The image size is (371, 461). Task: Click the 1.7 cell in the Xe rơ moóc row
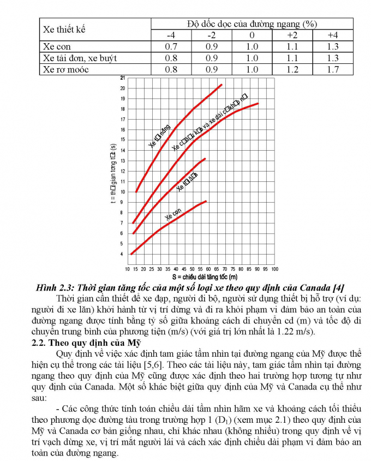332,69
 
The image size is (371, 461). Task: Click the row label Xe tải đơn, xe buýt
80,58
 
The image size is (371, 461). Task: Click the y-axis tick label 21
122,78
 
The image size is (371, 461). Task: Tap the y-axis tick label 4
122,255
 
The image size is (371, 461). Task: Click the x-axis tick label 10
128,269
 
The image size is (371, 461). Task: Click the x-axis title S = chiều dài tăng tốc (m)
201,277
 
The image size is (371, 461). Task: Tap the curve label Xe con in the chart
173,214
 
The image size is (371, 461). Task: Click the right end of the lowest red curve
206,202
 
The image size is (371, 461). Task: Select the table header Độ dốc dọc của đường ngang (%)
252,24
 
